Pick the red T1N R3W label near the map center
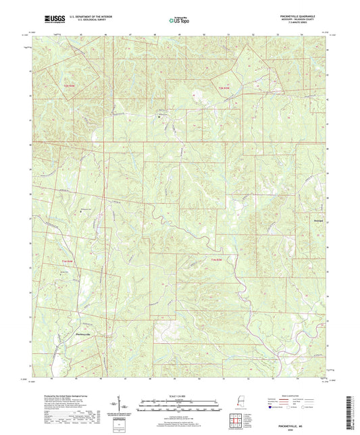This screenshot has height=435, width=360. pos(215,259)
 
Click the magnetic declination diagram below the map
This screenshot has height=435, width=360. pos(126,405)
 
